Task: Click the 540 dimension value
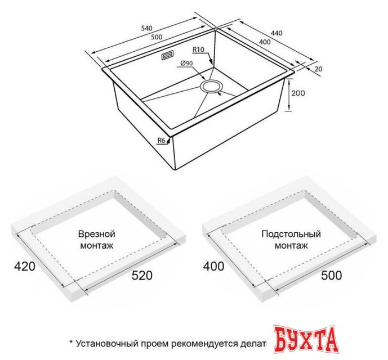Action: (x=146, y=28)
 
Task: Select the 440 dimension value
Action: (x=276, y=33)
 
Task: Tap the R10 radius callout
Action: (x=198, y=49)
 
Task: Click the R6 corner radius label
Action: (x=160, y=140)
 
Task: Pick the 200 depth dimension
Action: (x=298, y=93)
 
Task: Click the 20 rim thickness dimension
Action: (x=319, y=69)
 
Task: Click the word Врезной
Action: (x=96, y=233)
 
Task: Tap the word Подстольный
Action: (x=291, y=233)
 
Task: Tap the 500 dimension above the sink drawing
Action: (x=157, y=37)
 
